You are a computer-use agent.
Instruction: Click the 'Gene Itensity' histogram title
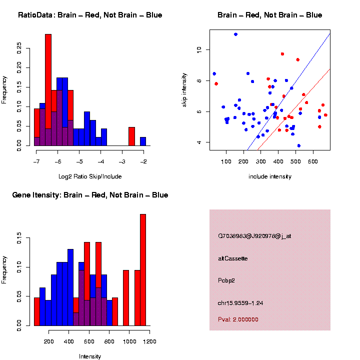(90, 195)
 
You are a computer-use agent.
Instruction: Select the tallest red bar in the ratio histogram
(48, 90)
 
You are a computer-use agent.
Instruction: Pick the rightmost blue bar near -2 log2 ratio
(143, 141)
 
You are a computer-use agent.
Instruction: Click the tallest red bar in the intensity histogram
(143, 270)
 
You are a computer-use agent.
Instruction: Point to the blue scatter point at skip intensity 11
(235, 34)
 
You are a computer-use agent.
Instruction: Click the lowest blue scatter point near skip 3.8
(298, 145)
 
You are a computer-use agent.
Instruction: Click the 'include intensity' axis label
(269, 176)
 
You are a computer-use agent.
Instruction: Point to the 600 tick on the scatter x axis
(313, 161)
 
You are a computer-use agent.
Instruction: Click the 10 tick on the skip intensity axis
(198, 49)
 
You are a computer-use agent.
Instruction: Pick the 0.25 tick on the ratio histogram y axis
(19, 47)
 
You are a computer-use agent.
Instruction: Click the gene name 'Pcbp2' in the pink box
(226, 280)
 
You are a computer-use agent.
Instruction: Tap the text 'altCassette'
(232, 258)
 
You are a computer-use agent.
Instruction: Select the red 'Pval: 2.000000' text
(238, 319)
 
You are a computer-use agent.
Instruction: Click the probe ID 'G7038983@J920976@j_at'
(254, 236)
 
